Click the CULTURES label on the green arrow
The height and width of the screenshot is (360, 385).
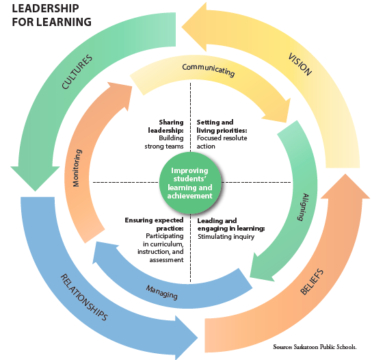tap(77, 72)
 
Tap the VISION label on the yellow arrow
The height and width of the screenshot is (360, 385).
tap(300, 64)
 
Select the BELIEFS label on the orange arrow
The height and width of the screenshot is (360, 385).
tap(312, 281)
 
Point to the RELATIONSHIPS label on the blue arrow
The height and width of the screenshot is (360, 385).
tap(84, 297)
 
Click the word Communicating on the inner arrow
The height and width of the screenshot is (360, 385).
tap(208, 70)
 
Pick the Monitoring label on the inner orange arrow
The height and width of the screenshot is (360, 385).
tap(77, 168)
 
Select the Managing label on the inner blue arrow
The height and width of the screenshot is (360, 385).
tap(162, 292)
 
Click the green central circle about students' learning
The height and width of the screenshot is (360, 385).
tap(190, 183)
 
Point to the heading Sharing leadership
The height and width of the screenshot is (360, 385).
tap(166, 126)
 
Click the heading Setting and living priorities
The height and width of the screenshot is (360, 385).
tap(222, 126)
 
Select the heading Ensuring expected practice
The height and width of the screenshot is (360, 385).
tap(154, 224)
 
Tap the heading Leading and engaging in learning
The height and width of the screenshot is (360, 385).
tap(231, 224)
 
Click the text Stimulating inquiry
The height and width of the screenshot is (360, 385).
tap(226, 237)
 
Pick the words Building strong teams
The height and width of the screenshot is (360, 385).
tap(164, 142)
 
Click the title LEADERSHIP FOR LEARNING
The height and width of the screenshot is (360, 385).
tap(51, 15)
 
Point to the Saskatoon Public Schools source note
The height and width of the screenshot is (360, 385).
tap(315, 347)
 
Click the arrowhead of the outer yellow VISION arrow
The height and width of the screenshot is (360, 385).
tap(194, 27)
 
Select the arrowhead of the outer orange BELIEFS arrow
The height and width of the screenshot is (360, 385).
tap(345, 186)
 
